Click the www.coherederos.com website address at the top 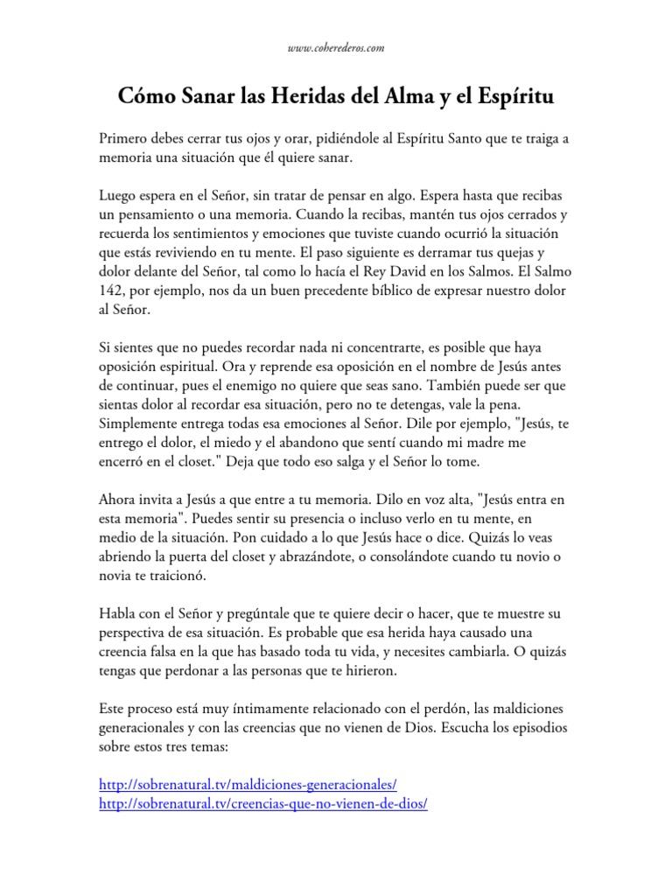[336, 48]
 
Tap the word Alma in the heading [403, 97]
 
